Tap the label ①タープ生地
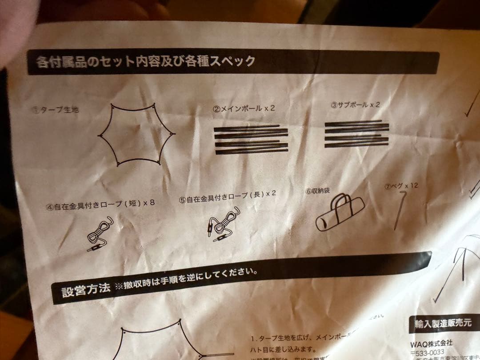coord(56,110)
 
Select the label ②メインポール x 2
coord(244,108)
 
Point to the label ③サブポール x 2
coord(355,105)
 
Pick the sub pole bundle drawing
coord(356,134)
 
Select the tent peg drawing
coord(400,210)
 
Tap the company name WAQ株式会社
coord(431,343)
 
